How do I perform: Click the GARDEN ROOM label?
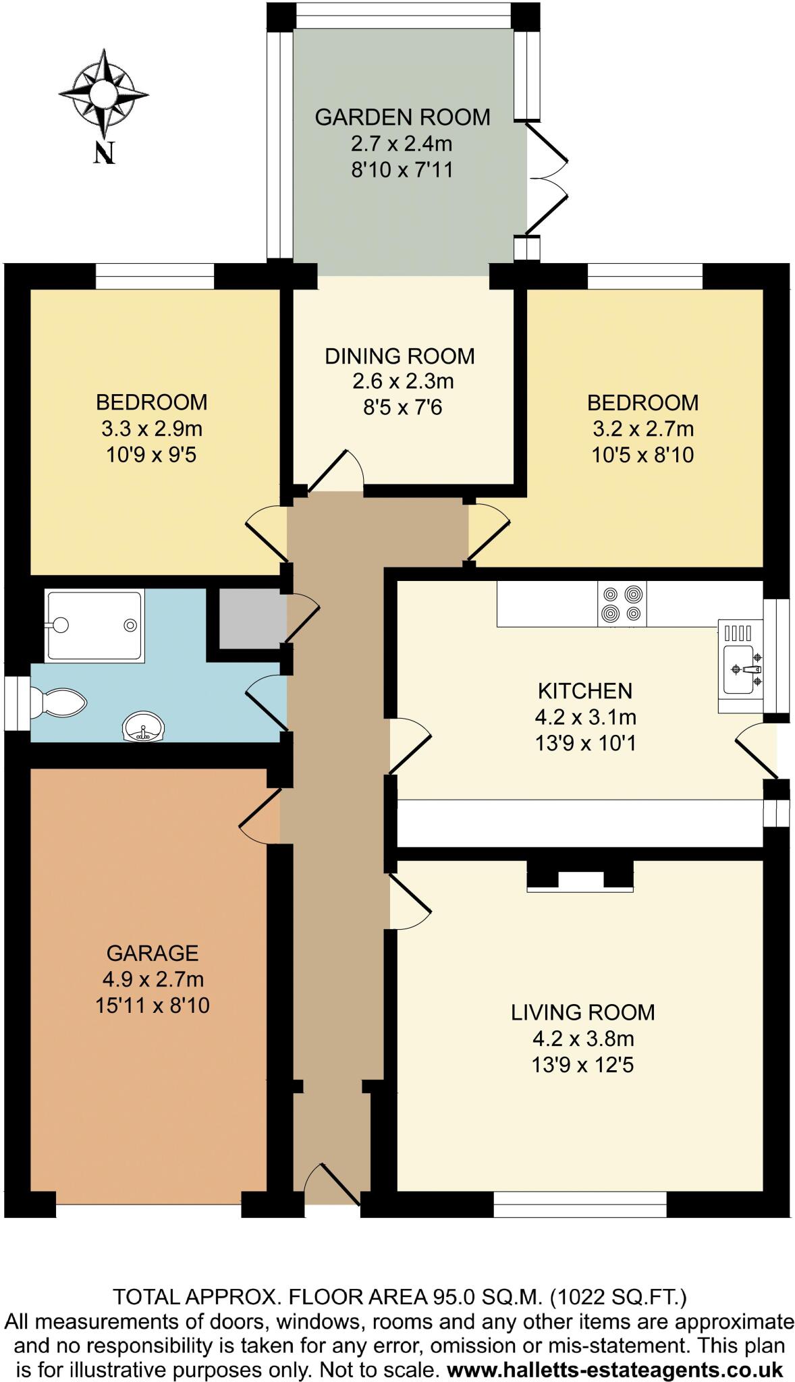(402, 117)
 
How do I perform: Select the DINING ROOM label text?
(400, 356)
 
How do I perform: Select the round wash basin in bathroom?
(143, 727)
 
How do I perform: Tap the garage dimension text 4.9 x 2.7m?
(153, 978)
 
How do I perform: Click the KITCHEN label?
(584, 691)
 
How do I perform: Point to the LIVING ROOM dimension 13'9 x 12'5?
(582, 1066)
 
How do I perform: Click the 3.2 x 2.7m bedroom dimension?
(642, 429)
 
